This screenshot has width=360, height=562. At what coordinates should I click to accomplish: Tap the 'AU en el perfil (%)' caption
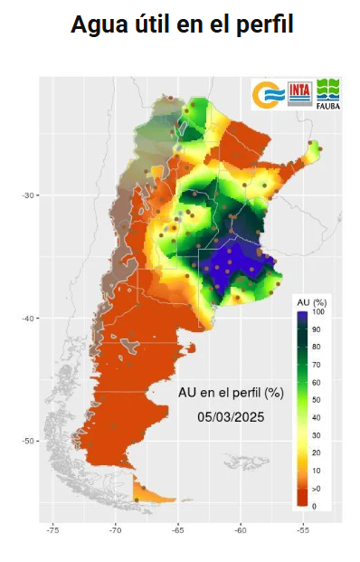232,393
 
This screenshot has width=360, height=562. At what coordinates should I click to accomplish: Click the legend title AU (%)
311,300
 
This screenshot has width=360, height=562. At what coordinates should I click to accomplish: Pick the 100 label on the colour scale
318,312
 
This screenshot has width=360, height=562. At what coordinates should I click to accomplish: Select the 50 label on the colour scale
317,400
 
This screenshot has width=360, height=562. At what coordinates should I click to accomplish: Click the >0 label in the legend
317,489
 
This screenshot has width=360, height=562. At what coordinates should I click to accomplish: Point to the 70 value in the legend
317,365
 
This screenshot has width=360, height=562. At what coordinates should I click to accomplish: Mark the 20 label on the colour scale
317,452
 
